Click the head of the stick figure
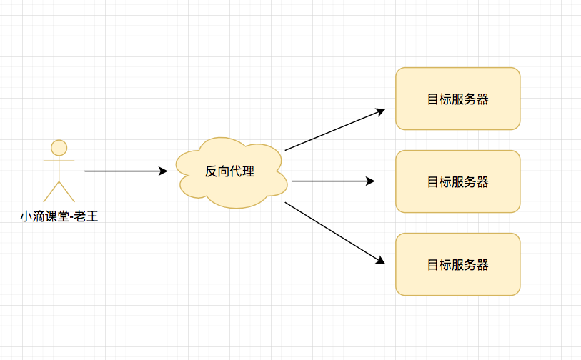tap(59, 148)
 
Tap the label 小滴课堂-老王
tap(59, 215)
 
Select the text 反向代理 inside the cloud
tap(229, 171)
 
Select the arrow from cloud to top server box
tap(332, 130)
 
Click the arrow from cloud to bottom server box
tap(332, 232)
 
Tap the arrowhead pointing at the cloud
tap(164, 171)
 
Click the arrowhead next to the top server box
tap(381, 111)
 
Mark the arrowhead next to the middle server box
tap(371, 181)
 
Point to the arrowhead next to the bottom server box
tap(381, 261)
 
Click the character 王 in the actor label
tap(91, 215)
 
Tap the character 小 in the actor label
tap(26, 215)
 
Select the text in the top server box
tap(457, 99)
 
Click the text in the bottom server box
tap(457, 265)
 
